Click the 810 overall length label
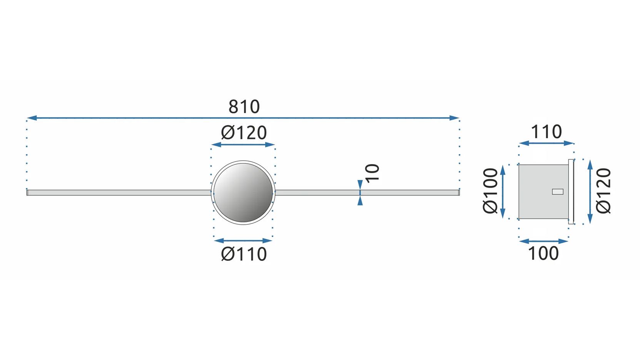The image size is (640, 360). [x=244, y=107]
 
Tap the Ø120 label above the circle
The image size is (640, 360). [x=244, y=133]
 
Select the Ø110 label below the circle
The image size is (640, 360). [x=244, y=254]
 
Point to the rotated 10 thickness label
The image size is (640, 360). [x=372, y=173]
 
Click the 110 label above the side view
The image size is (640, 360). [x=546, y=132]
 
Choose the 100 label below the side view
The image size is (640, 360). [x=543, y=253]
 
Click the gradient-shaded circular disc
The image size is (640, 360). [x=243, y=192]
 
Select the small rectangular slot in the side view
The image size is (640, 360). [x=557, y=192]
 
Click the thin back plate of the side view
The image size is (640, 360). [x=571, y=191]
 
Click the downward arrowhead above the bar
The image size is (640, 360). [x=360, y=185]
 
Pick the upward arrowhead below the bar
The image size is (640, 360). [x=360, y=200]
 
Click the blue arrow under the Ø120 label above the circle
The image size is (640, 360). [x=243, y=145]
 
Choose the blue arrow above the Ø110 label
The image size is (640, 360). [x=243, y=241]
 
